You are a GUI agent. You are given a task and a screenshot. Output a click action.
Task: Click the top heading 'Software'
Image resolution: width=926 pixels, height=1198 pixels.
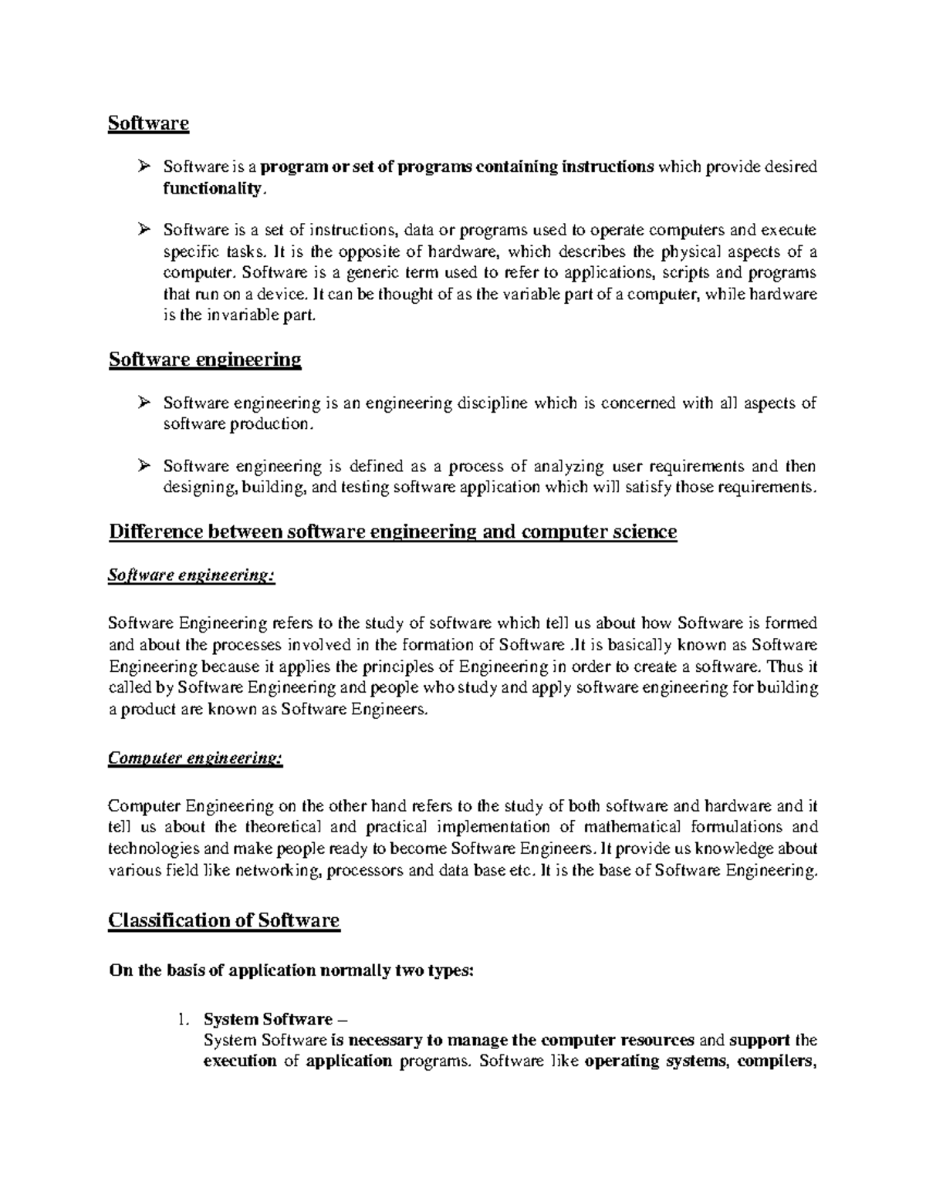(x=149, y=123)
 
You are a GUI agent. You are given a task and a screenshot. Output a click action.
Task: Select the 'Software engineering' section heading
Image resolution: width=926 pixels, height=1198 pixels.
(x=204, y=359)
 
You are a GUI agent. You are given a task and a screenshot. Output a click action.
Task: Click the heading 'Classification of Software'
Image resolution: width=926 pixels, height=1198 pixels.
(x=224, y=920)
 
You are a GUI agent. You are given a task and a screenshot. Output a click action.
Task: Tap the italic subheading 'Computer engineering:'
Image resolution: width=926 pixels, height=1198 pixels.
(x=196, y=759)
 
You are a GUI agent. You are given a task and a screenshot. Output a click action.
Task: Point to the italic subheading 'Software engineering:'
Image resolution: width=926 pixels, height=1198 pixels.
(x=191, y=575)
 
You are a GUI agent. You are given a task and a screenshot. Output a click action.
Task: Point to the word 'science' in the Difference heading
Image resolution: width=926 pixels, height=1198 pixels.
(x=640, y=532)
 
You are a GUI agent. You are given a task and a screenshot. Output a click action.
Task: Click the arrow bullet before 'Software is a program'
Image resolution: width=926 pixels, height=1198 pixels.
(x=144, y=167)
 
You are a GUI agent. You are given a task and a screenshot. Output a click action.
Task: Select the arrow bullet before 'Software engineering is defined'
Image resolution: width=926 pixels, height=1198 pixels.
(x=144, y=466)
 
